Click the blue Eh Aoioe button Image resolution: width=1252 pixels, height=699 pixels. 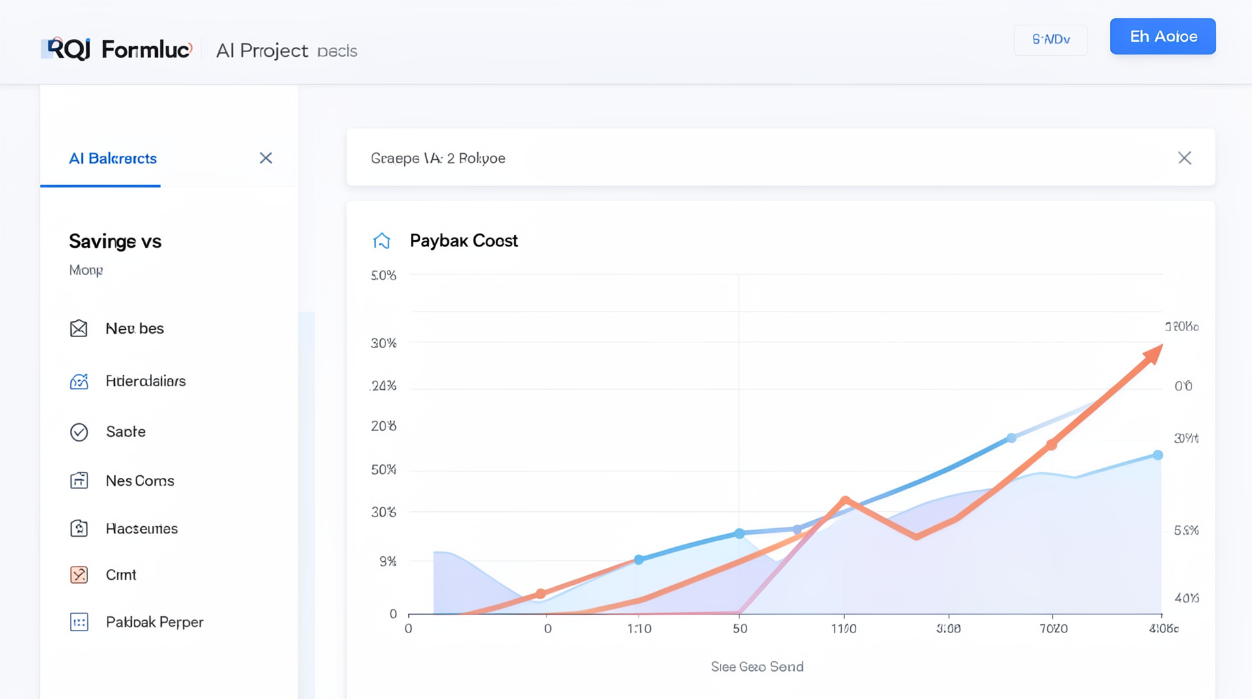[1163, 37]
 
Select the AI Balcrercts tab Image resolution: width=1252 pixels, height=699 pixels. [113, 158]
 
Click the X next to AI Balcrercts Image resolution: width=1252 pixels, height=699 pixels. [266, 158]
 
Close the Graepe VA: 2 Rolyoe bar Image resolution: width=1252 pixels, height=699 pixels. [1184, 158]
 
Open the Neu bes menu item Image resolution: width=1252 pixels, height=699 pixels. [134, 329]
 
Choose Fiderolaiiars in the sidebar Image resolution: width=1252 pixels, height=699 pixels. [145, 381]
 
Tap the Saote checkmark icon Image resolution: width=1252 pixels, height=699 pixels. [79, 432]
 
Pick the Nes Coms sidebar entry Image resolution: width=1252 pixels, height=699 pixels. [140, 481]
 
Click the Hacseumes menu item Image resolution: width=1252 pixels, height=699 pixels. [142, 529]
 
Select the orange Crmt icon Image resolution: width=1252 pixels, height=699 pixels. [79, 575]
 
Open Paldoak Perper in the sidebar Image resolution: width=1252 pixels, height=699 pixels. [154, 623]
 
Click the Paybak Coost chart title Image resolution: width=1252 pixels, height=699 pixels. [464, 241]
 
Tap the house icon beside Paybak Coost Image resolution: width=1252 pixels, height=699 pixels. [381, 241]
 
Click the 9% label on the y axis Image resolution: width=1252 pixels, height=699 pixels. [388, 561]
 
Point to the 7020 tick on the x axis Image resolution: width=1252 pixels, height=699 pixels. [1053, 629]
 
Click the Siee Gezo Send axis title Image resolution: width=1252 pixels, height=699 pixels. [756, 667]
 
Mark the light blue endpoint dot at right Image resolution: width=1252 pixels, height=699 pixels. [1157, 455]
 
